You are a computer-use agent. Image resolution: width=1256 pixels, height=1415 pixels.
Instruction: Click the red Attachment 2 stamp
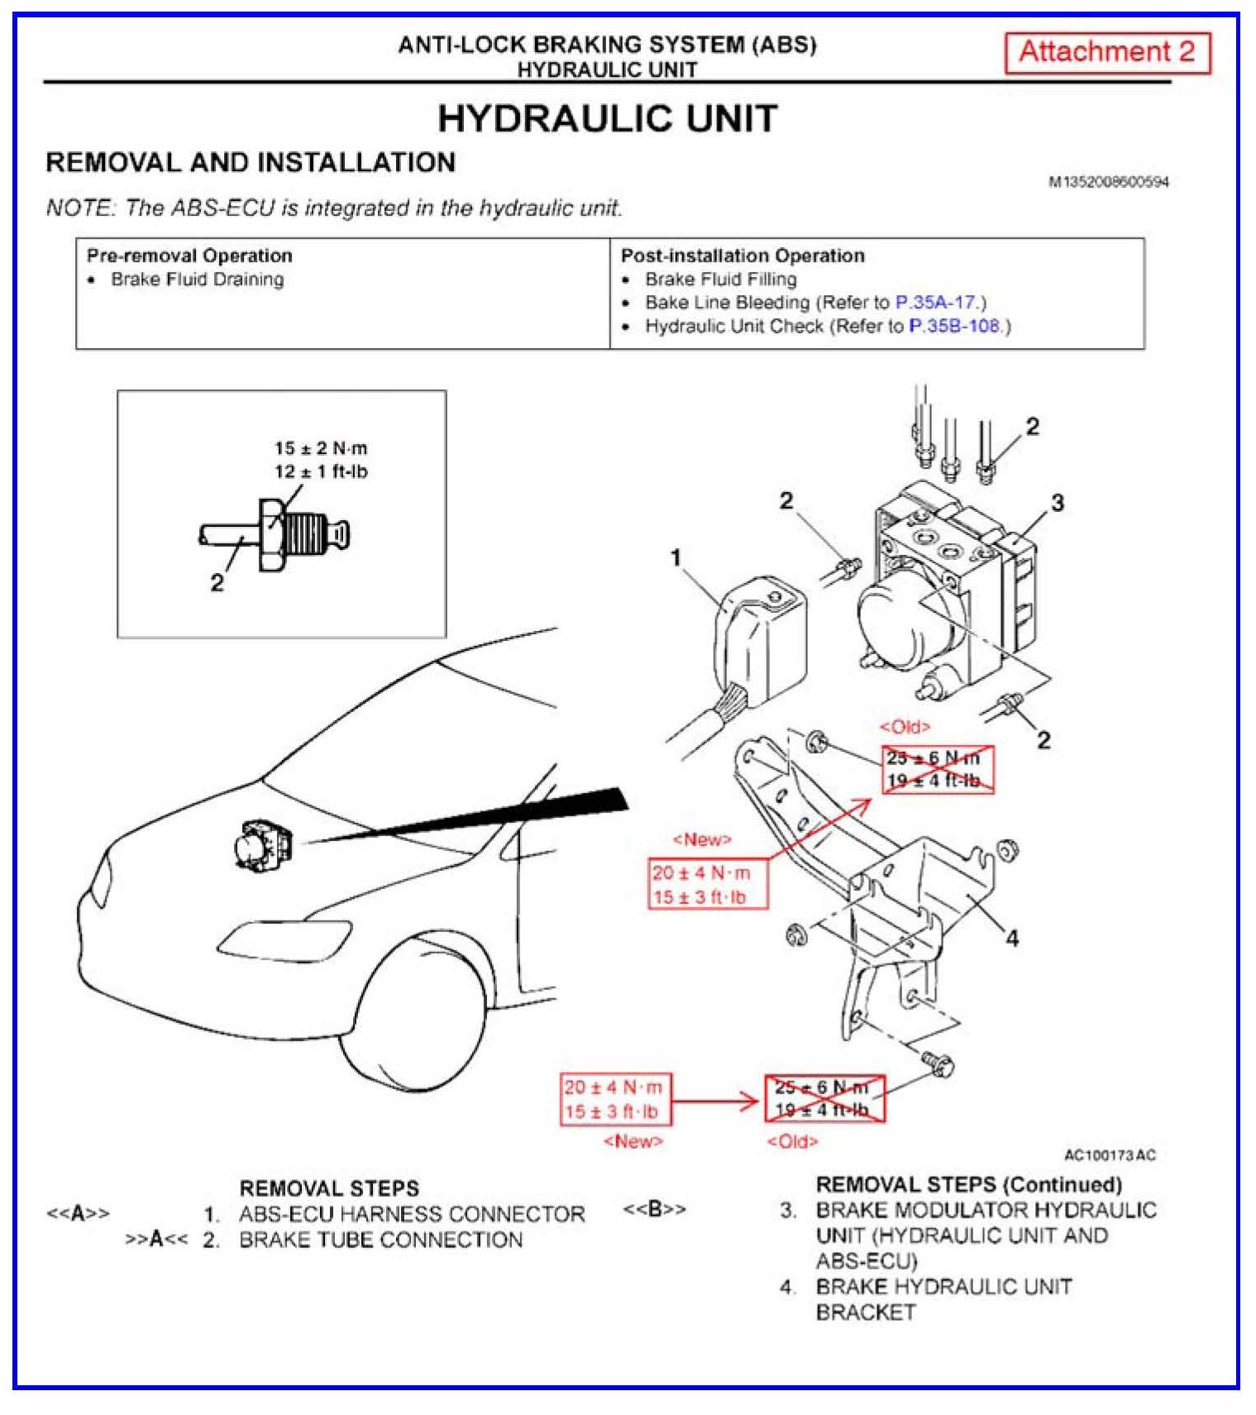click(x=1106, y=53)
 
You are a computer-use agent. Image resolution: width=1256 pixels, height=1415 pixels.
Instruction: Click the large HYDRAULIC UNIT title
click(x=607, y=118)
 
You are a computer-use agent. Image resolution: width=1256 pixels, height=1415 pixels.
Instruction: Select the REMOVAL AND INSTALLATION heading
click(x=251, y=162)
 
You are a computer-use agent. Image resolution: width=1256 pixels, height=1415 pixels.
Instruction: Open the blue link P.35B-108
click(x=955, y=327)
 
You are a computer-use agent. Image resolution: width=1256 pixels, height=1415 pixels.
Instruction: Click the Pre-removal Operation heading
click(x=189, y=256)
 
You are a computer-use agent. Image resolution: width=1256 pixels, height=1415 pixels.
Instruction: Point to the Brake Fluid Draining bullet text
click(x=197, y=280)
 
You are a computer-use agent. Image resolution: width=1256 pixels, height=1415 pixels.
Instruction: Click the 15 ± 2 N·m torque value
click(x=321, y=448)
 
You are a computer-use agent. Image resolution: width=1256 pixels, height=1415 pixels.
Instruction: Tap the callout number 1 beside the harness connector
click(x=676, y=558)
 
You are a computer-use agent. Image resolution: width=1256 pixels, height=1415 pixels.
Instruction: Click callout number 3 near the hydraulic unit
click(x=1057, y=503)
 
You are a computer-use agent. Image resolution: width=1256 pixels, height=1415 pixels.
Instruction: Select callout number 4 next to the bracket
click(x=1011, y=938)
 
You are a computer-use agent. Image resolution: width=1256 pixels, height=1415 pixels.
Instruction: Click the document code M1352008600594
click(x=1108, y=182)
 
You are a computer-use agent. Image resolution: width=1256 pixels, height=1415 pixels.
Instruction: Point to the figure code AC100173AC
click(x=1109, y=1155)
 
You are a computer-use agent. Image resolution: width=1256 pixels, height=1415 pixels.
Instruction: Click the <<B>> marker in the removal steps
click(x=654, y=1209)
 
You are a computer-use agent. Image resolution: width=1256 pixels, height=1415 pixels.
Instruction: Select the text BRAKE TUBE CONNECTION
click(x=380, y=1240)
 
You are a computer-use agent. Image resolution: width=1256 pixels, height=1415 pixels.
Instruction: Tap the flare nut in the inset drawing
click(x=271, y=535)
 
